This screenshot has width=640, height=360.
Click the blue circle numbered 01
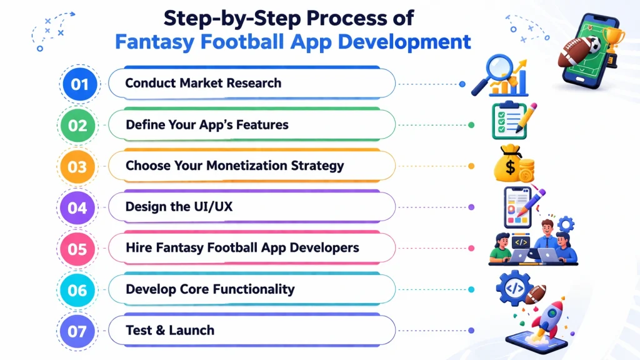point(79,84)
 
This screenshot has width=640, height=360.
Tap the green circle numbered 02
point(78,125)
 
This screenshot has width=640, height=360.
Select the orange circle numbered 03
point(77,166)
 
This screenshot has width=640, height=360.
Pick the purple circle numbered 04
point(77,207)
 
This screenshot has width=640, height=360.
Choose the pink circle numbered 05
point(77,249)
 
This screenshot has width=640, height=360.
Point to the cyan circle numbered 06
point(77,290)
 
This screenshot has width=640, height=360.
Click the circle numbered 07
point(77,331)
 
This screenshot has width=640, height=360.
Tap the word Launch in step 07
point(193,330)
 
